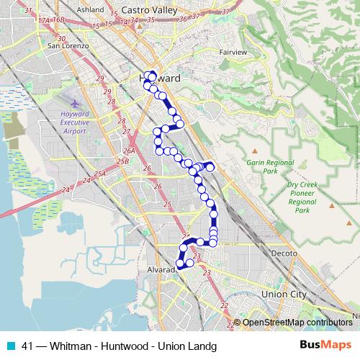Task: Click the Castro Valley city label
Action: coord(150,10)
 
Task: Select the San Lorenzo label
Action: coord(67,47)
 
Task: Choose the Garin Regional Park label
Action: coord(261,168)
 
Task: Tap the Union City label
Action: coord(284,294)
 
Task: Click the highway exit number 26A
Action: coord(129,151)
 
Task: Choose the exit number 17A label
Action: coord(45,21)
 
